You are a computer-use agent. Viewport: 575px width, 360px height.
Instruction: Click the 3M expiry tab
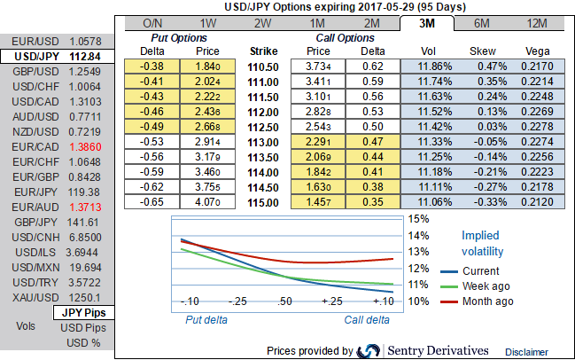coord(427,22)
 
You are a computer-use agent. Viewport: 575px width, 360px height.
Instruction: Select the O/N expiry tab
coord(152,22)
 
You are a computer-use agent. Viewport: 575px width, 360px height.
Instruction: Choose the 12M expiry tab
coord(537,22)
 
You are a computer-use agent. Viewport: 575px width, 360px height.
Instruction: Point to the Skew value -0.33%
coord(483,202)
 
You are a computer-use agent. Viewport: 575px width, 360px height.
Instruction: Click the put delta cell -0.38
coord(152,66)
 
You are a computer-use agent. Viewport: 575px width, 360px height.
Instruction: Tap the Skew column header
coord(483,51)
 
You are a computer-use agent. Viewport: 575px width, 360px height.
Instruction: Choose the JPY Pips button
coord(83,313)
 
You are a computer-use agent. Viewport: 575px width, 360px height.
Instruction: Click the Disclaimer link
coord(527,352)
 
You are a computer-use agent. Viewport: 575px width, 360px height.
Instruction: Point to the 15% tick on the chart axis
coord(418,218)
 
